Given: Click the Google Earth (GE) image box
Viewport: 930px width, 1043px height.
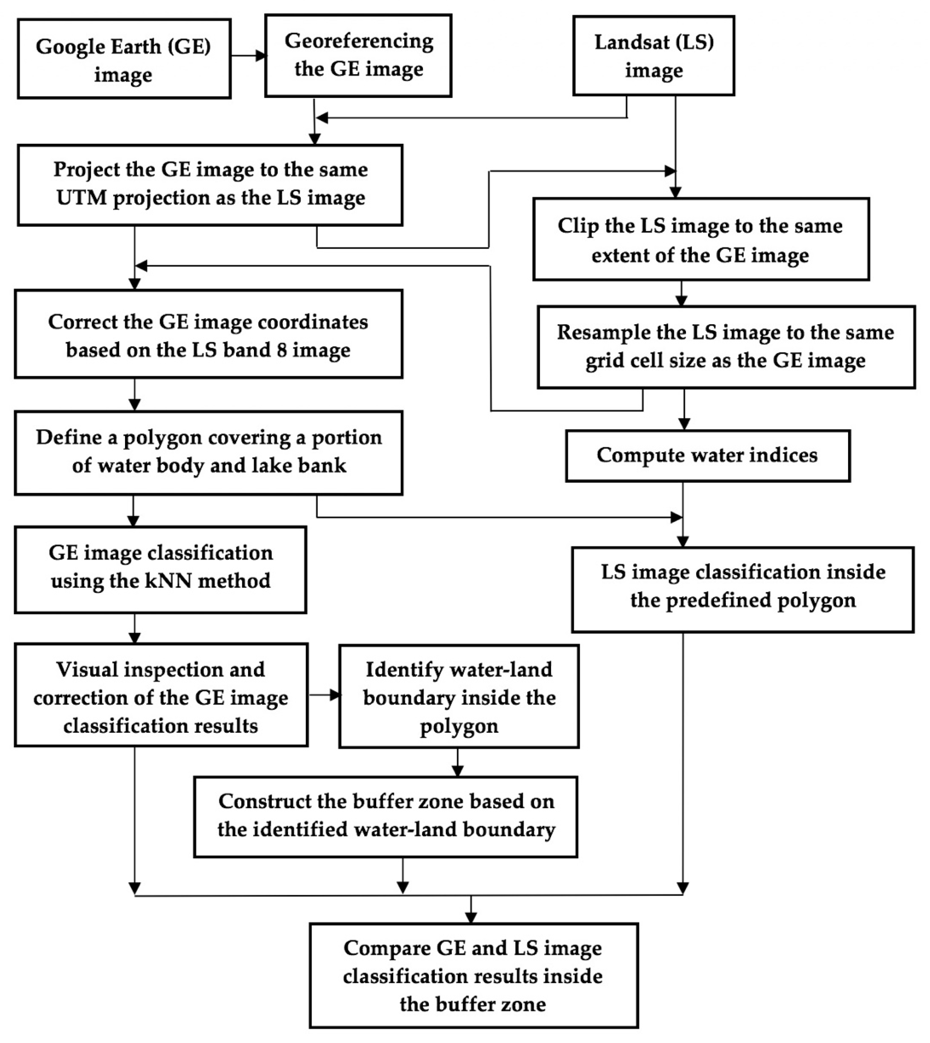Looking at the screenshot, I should [x=124, y=59].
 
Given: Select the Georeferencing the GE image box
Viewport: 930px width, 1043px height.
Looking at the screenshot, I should [x=358, y=55].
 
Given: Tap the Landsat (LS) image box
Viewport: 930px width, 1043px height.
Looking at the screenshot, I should [x=654, y=55].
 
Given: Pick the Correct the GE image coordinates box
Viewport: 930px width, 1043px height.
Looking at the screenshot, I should [x=209, y=335].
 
